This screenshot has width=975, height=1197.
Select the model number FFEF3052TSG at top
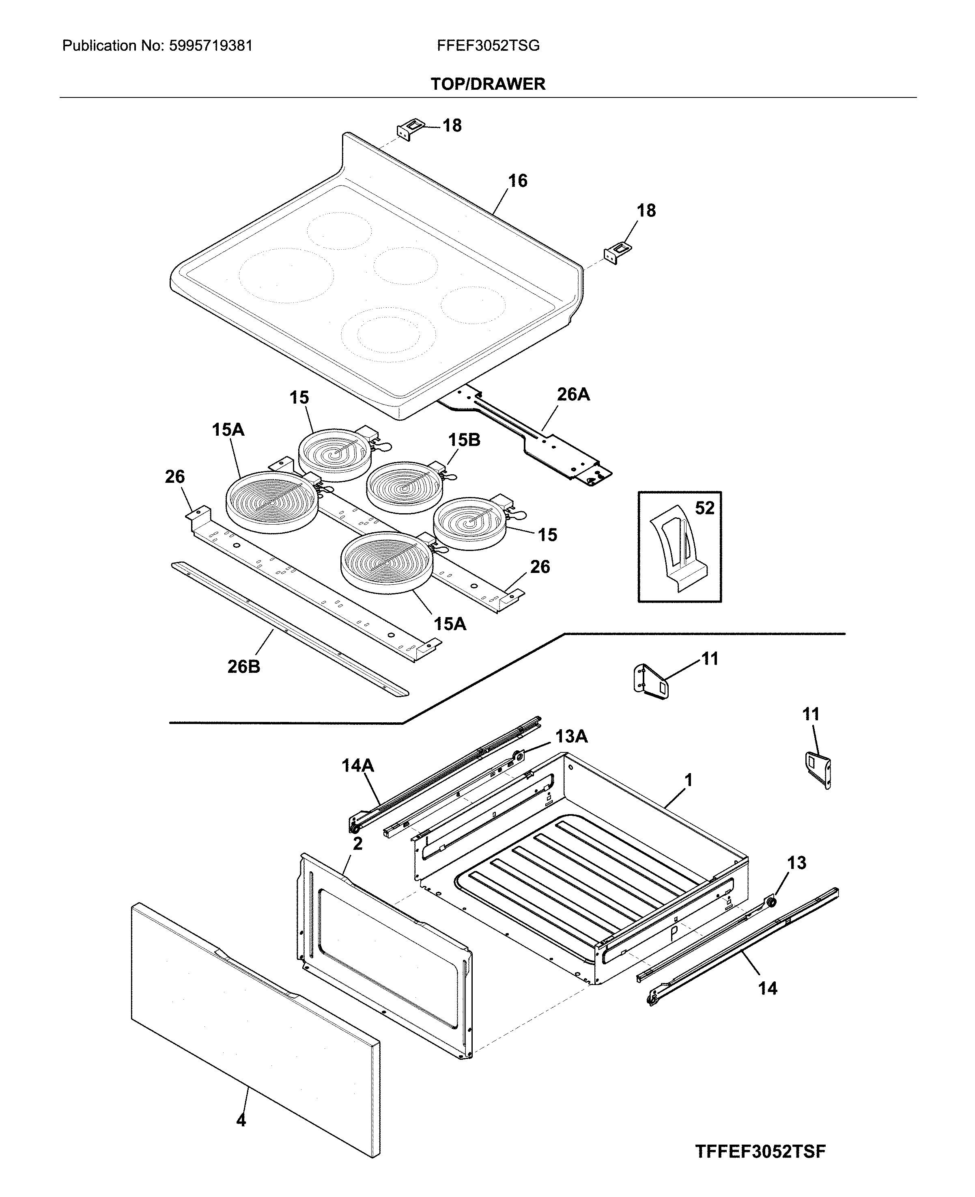point(488,45)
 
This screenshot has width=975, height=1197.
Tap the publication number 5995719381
point(210,45)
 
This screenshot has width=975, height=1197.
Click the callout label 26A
point(573,395)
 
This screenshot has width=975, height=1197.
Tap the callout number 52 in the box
point(704,508)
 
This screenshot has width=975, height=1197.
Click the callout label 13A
point(571,736)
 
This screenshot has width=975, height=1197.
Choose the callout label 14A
point(358,765)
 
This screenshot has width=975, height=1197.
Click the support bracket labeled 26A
point(534,439)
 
